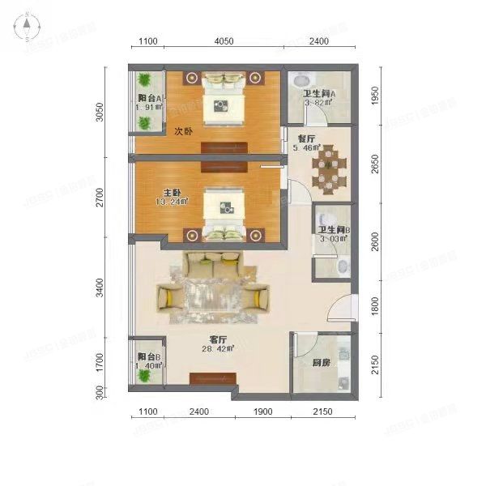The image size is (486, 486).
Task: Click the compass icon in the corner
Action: point(27,28)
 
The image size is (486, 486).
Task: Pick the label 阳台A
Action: point(149,99)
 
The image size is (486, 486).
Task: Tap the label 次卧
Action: point(183,130)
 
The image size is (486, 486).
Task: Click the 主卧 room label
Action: point(172,192)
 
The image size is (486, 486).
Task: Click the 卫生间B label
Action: point(333,229)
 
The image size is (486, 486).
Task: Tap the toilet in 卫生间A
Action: point(298,81)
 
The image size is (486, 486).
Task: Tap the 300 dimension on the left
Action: point(100,393)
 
